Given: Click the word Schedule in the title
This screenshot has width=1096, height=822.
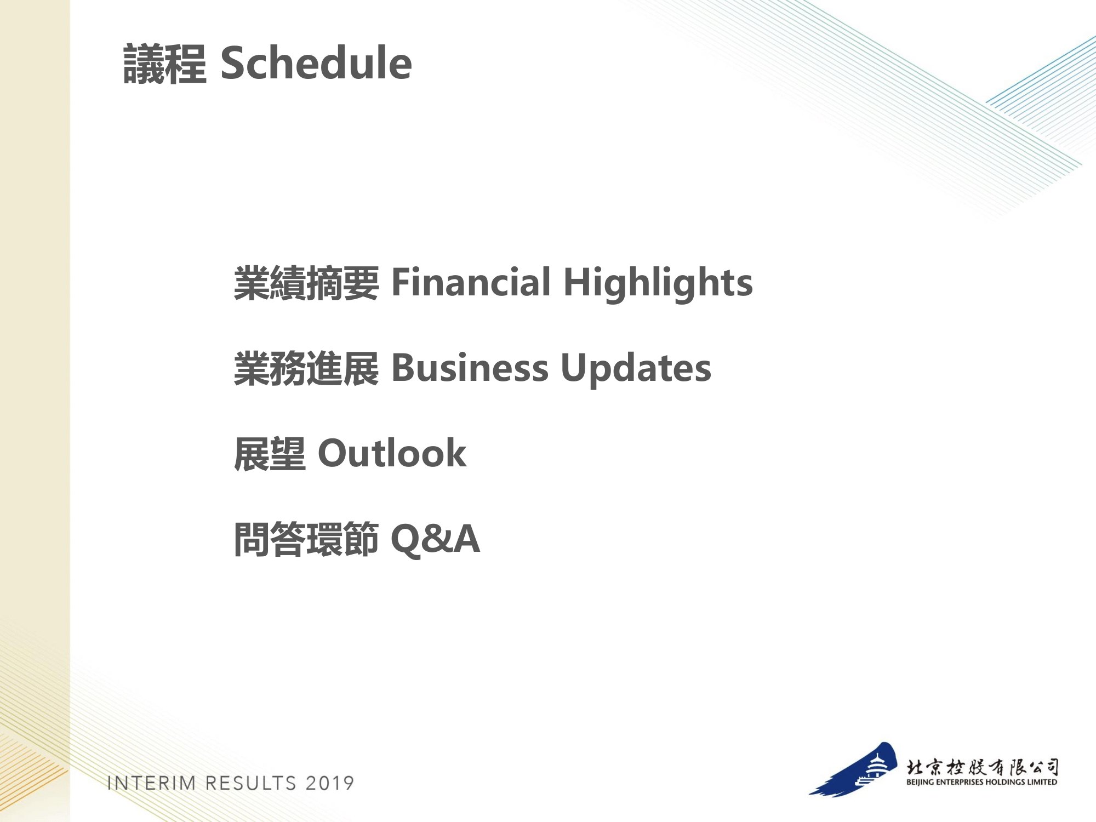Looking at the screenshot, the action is point(316,63).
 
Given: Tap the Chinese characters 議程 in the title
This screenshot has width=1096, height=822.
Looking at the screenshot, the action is point(165,64).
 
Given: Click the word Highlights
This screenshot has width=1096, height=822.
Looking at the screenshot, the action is point(658,284).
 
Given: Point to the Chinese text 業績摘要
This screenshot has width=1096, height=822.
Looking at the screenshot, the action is point(306,283).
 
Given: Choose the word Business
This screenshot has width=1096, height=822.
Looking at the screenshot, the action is point(470,368).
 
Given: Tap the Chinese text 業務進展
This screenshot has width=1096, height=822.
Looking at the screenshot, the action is point(306,369).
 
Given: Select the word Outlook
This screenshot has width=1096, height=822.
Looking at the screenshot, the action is point(392,453).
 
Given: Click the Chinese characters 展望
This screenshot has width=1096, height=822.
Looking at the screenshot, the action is point(270,454).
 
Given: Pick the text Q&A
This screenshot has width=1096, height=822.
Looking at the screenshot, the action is point(435,539).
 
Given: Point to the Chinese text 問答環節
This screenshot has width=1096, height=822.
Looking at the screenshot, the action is point(306,540).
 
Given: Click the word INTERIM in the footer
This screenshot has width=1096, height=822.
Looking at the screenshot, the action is point(152,783).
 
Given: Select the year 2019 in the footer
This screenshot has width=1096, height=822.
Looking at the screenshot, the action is point(330,783).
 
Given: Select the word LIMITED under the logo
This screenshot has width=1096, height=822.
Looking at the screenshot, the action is point(1042,782).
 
